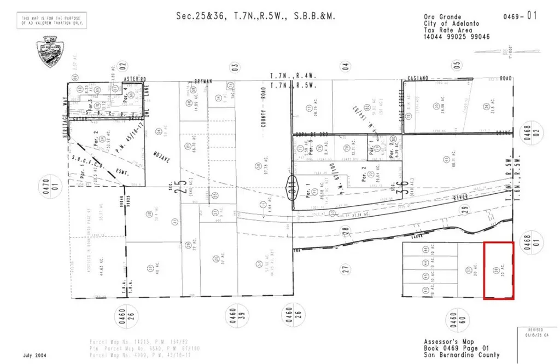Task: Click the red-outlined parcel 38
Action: coord(498,270)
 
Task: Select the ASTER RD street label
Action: coord(132,79)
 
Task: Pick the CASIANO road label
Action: coord(420,79)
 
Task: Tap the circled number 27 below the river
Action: coord(345,268)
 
